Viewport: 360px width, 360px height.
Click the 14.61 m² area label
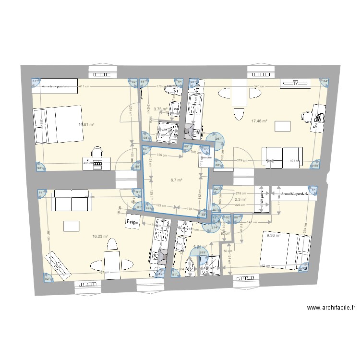[x=86, y=125]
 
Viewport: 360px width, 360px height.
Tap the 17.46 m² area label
[x=259, y=122]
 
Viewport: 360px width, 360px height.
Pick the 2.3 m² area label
[x=240, y=199]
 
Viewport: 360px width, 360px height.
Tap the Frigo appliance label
[x=132, y=223]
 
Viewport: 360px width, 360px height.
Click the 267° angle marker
[x=218, y=139]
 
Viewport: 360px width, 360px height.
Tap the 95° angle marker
[x=315, y=166]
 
